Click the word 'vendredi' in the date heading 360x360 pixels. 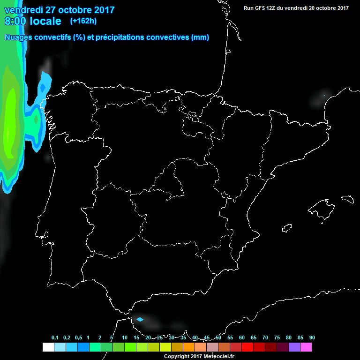point(23,10)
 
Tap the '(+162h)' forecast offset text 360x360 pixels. point(83,21)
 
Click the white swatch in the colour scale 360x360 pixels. point(48,347)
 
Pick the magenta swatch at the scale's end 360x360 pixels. point(306,347)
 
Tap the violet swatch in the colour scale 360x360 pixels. point(294,347)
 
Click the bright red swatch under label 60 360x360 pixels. point(247,347)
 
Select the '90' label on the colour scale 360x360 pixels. point(312,338)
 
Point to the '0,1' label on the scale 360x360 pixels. point(55,338)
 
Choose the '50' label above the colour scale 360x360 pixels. point(218,338)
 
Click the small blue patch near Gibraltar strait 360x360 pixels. point(139,320)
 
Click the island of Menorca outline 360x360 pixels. point(348,199)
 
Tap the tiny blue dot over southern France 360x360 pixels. point(324,96)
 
